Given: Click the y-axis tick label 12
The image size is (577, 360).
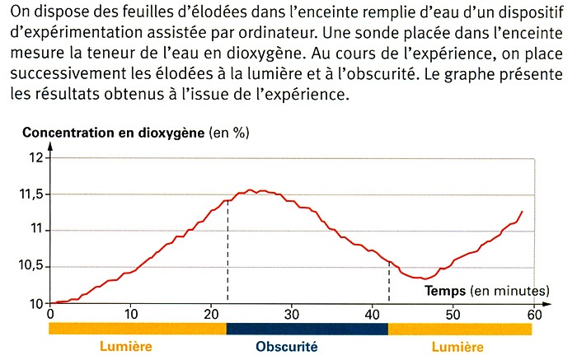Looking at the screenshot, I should click(x=36, y=157).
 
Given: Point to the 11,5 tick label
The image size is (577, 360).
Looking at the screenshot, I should click(x=31, y=194).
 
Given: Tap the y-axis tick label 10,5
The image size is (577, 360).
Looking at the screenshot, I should click(x=31, y=267).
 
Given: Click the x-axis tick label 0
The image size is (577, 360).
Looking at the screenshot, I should click(x=51, y=314).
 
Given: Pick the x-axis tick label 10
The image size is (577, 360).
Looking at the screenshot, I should click(x=131, y=314).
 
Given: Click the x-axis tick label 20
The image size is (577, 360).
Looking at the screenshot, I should click(x=212, y=314).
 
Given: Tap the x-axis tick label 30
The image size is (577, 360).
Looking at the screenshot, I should click(x=292, y=314).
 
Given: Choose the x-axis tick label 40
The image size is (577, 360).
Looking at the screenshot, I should click(x=373, y=314).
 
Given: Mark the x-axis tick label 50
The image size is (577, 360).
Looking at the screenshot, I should click(x=453, y=314).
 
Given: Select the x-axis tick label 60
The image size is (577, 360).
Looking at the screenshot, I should click(x=533, y=314).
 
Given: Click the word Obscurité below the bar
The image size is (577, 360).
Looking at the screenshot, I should click(x=286, y=346).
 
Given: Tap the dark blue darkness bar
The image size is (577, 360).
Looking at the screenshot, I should click(x=307, y=329).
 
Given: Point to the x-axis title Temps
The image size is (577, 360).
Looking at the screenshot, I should click(x=444, y=291).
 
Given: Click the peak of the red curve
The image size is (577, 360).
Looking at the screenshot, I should click(x=251, y=190).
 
